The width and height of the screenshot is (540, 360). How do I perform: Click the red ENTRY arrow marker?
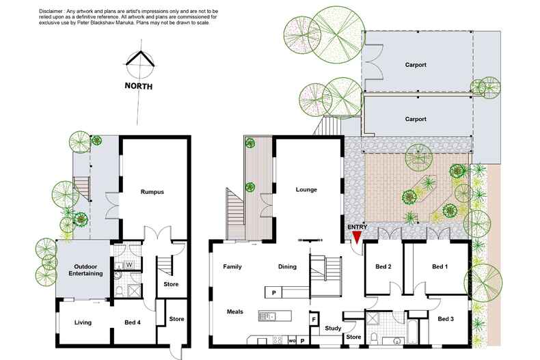tap(355, 236)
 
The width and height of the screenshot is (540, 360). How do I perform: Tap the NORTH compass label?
tap(138, 87)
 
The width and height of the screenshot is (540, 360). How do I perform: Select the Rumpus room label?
tap(152, 192)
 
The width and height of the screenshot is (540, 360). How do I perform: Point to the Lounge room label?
tap(306, 189)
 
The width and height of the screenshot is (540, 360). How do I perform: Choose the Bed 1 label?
tap(440, 266)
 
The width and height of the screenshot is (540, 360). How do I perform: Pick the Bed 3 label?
tap(446, 319)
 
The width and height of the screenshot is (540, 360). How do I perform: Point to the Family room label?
tap(233, 266)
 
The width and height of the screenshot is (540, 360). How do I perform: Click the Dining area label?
tap(287, 266)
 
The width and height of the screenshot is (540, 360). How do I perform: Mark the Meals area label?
tap(235, 311)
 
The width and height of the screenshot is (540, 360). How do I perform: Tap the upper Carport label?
tap(416, 65)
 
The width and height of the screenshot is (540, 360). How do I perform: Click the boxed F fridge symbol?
tap(314, 319)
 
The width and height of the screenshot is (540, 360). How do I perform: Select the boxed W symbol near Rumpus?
tap(128, 264)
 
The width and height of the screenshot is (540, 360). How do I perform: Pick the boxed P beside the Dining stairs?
tap(273, 292)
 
